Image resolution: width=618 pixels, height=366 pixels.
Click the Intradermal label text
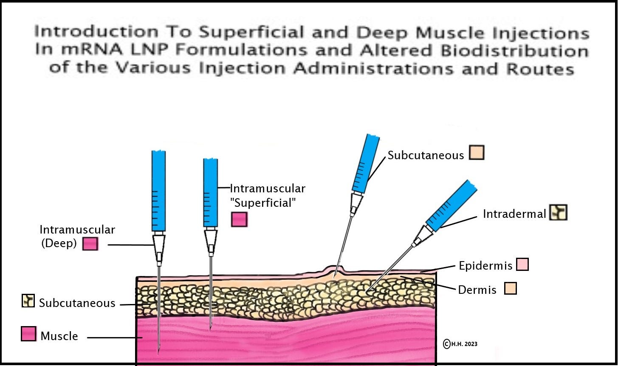click(x=514, y=214)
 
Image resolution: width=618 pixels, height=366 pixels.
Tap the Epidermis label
click(x=485, y=266)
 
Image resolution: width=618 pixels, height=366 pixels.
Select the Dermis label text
click(x=477, y=290)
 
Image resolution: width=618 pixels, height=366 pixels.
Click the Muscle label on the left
click(x=59, y=336)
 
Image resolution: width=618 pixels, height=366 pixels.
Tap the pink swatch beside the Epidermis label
click(x=522, y=265)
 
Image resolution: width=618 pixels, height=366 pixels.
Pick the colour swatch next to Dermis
click(x=511, y=288)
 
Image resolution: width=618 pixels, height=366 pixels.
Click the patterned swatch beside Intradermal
click(x=558, y=212)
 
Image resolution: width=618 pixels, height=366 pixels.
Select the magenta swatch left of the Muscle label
click(x=28, y=334)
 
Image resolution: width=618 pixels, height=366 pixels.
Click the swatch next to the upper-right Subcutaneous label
click(x=477, y=153)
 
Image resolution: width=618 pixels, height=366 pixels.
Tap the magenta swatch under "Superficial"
click(x=239, y=219)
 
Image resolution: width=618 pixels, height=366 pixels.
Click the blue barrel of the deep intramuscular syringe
click(x=158, y=191)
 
